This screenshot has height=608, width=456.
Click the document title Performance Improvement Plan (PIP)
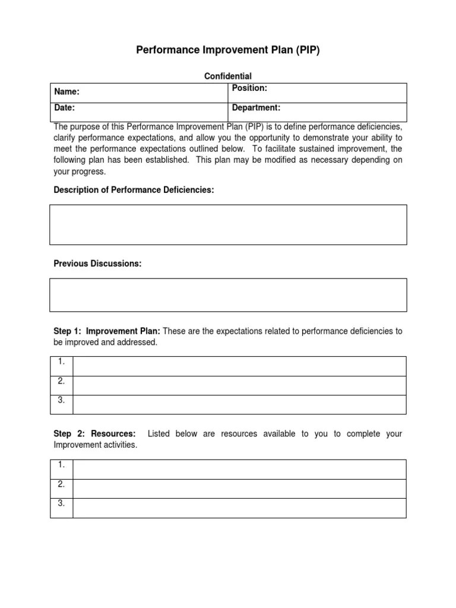[x=228, y=50]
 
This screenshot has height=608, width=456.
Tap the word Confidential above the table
[x=228, y=76]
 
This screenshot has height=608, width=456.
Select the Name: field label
[x=67, y=92]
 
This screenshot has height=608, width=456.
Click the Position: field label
[x=249, y=88]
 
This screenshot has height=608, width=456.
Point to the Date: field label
[x=65, y=108]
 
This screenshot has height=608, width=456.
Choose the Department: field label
[x=256, y=108]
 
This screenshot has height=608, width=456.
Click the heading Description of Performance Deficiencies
[x=134, y=189]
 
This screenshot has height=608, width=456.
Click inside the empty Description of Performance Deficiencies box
[x=228, y=224]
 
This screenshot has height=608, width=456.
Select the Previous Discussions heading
[x=97, y=263]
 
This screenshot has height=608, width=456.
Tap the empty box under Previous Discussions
[x=228, y=295]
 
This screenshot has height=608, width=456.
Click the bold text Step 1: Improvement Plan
[x=107, y=331]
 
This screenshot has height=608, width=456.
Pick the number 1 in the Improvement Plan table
[x=61, y=362]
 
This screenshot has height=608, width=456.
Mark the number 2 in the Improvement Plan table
[x=61, y=381]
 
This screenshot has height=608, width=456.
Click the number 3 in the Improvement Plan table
[x=61, y=400]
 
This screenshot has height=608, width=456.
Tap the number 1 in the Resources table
[x=61, y=465]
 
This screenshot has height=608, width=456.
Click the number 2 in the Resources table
[x=61, y=484]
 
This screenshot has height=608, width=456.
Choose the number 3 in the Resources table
[x=61, y=503]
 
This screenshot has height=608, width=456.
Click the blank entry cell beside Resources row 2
[x=239, y=489]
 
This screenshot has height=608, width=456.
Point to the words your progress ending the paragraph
[x=80, y=172]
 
